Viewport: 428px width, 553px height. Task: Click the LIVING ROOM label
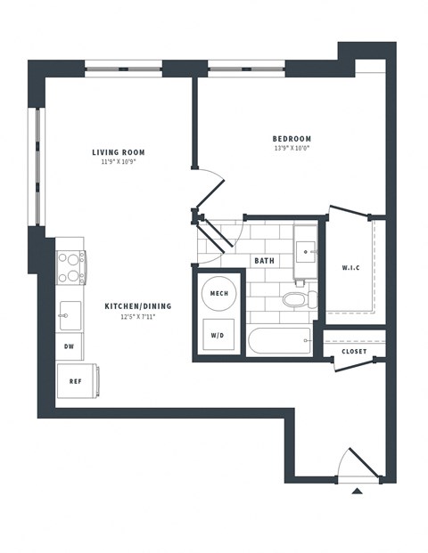pos(118,152)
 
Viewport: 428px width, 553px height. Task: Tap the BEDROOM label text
pos(292,139)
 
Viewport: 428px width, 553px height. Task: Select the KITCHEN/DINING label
pos(137,306)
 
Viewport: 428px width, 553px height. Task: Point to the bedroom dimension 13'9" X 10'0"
pos(292,149)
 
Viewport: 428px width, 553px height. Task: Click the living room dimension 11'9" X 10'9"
pos(118,163)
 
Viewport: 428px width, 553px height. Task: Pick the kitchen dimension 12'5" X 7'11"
pos(137,317)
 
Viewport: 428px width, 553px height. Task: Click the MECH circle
pos(218,293)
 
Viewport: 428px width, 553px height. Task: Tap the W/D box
pos(218,336)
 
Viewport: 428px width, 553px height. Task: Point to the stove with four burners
pos(70,265)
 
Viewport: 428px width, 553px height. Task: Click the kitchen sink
pos(69,314)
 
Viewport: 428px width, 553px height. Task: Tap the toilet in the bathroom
pos(294,300)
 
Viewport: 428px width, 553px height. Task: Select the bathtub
pos(280,343)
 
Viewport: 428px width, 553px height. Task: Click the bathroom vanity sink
pos(307,248)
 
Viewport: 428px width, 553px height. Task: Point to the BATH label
pos(264,261)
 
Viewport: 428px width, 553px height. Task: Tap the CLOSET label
pos(354,352)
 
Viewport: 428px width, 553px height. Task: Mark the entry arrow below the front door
pos(357,491)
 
